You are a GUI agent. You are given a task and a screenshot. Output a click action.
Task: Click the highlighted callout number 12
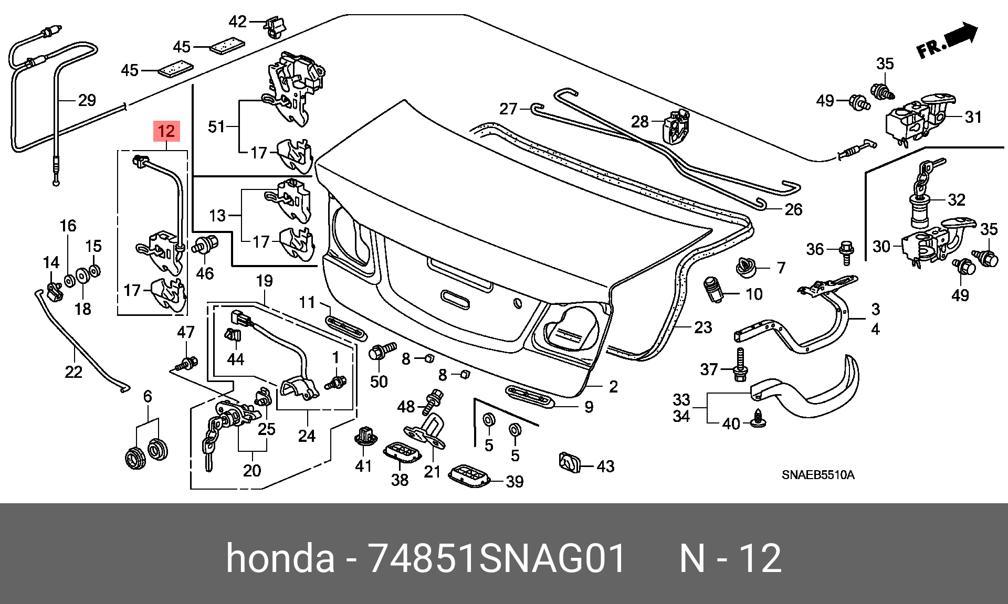pyautogui.click(x=166, y=131)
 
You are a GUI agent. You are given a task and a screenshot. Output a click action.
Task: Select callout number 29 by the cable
pyautogui.click(x=87, y=100)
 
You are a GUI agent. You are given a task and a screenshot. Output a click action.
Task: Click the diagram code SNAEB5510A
pyautogui.click(x=818, y=475)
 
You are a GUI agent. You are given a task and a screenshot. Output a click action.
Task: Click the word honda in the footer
pyautogui.click(x=280, y=558)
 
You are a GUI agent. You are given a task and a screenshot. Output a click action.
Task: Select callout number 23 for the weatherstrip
pyautogui.click(x=703, y=327)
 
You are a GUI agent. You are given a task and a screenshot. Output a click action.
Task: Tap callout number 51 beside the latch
pyautogui.click(x=216, y=126)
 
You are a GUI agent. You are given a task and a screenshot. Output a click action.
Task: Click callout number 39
pyautogui.click(x=514, y=482)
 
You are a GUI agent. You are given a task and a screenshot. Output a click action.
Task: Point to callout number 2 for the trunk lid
pyautogui.click(x=613, y=387)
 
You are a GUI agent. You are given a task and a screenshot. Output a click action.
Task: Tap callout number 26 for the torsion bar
pyautogui.click(x=793, y=210)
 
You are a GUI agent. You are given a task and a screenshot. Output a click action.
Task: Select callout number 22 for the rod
pyautogui.click(x=73, y=372)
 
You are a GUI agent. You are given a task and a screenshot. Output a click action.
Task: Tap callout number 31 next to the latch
pyautogui.click(x=973, y=117)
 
